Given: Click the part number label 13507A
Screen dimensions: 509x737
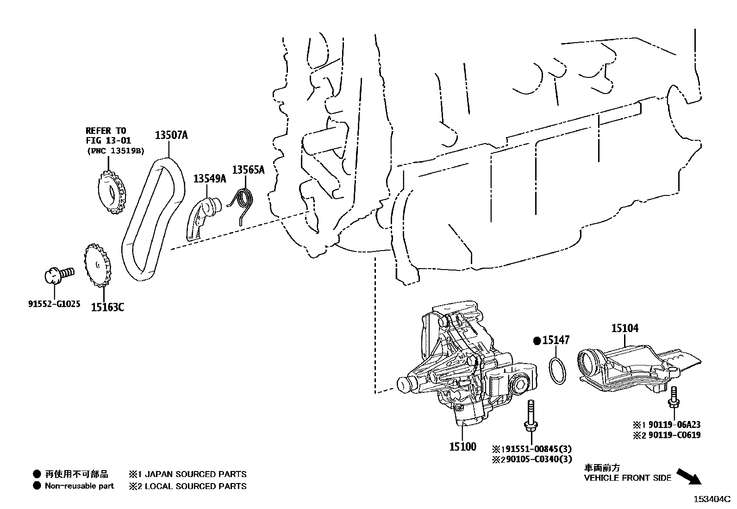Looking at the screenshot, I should coord(171,135).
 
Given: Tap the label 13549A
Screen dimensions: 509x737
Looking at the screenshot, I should coord(209,178).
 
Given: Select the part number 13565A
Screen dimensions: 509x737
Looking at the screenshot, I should coord(248,170).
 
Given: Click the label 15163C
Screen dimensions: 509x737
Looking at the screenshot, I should coord(107,307).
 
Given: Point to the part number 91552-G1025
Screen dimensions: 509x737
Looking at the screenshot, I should coord(54,304).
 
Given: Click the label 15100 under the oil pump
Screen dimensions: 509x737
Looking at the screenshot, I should coord(462,447).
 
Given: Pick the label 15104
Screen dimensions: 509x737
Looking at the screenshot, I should coord(625,328).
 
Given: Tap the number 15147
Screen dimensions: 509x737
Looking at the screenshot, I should coord(556,340).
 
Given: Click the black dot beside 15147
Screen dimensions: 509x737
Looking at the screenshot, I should coord(537,341).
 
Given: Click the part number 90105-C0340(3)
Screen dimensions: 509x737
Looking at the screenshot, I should coord(537,459).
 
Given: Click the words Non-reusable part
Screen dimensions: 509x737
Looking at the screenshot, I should coord(79,486).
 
